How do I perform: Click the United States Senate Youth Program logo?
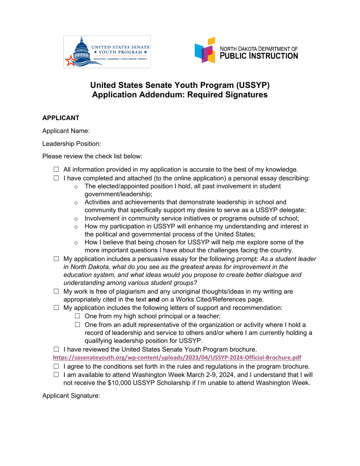tap(107, 52)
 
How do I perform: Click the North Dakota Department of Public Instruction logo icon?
tap(205, 50)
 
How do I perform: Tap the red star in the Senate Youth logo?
tap(70, 61)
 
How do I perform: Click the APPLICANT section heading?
tap(61, 118)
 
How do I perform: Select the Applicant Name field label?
tap(66, 131)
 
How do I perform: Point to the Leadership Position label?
tap(72, 144)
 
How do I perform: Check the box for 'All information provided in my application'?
tap(56, 169)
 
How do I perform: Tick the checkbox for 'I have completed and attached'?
tap(56, 178)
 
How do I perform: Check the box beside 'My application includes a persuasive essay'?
tap(56, 259)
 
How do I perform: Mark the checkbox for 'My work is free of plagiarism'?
tap(56, 291)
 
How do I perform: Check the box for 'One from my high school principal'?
tap(77, 316)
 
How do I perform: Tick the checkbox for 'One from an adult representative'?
tap(77, 325)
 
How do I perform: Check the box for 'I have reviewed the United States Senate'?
tap(56, 349)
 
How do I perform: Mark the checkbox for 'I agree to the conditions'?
tap(56, 366)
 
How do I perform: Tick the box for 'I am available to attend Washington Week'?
tap(56, 375)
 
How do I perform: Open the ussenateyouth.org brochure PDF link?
tap(177, 358)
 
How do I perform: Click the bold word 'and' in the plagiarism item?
tap(153, 300)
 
